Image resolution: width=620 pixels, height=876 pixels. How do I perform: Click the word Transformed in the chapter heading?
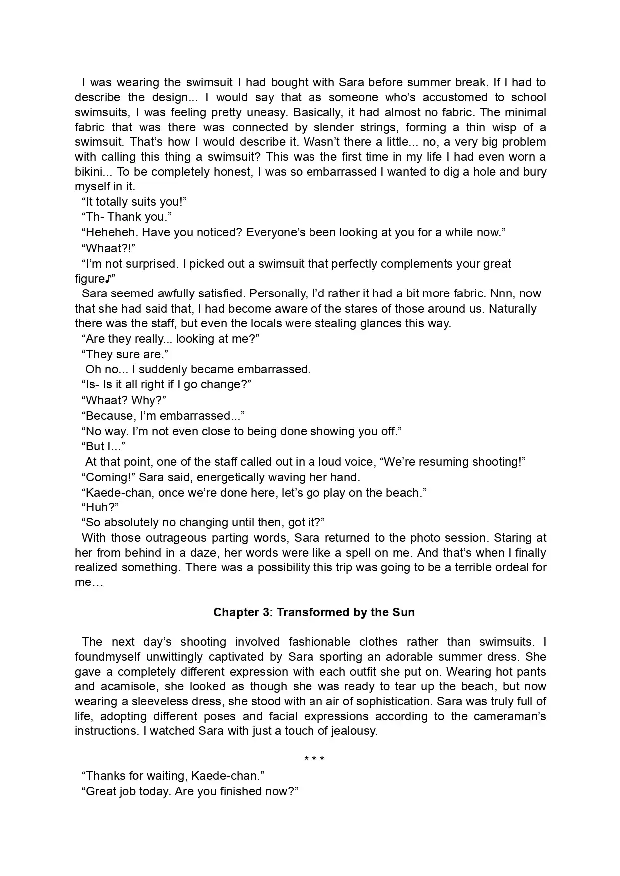point(307,612)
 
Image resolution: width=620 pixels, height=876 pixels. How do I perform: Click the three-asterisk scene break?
point(314,760)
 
